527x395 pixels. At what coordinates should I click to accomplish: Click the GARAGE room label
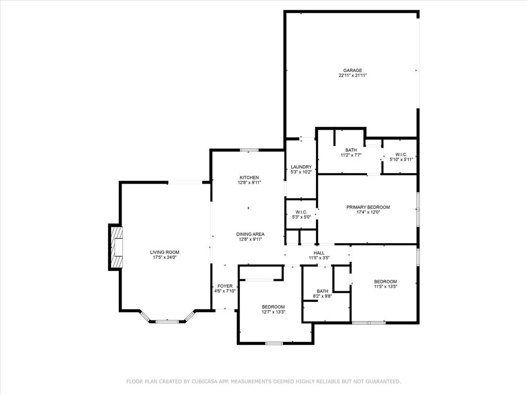tap(353, 70)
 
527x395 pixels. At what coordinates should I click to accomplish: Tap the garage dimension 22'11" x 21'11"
tap(353, 76)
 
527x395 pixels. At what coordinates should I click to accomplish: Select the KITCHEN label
tap(249, 177)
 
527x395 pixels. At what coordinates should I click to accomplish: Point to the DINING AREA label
tap(250, 234)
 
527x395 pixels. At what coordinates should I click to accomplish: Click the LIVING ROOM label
tap(165, 252)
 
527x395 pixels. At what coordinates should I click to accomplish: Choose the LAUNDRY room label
tap(301, 167)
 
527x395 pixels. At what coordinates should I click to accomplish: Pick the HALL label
tap(319, 253)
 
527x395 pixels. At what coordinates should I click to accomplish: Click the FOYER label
tap(225, 286)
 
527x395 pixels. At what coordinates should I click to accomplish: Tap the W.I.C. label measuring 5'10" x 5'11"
tap(401, 154)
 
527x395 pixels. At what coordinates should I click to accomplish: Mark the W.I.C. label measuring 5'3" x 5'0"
tap(301, 212)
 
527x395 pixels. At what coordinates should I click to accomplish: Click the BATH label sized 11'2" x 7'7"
tap(351, 150)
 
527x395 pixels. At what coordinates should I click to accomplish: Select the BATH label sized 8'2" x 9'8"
tap(323, 291)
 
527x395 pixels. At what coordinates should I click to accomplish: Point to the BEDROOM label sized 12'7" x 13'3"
tap(273, 307)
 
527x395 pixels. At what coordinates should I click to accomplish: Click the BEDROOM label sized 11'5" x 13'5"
tap(385, 281)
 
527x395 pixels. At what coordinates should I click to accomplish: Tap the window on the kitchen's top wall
tap(249, 150)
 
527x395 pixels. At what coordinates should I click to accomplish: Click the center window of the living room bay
tap(167, 321)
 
